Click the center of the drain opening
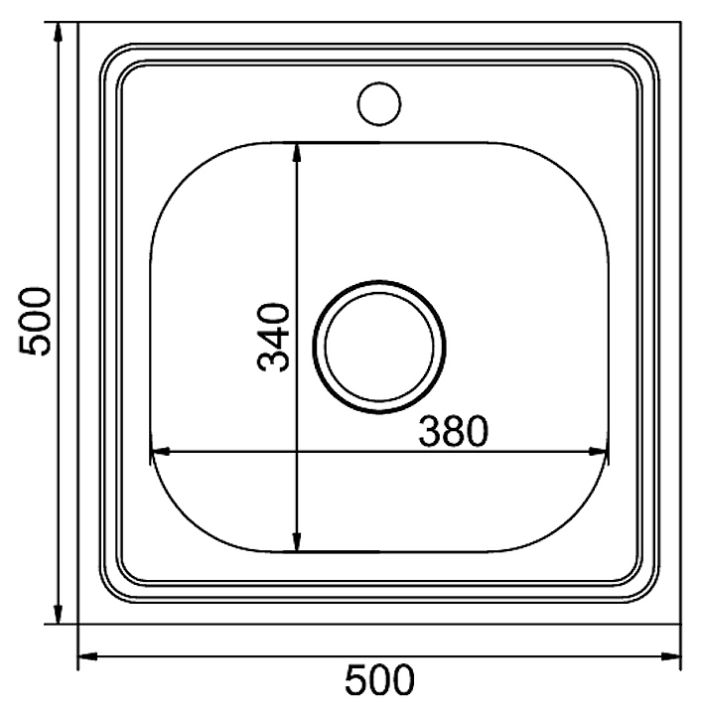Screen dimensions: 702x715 pyautogui.click(x=379, y=347)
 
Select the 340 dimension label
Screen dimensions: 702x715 pyautogui.click(x=273, y=338)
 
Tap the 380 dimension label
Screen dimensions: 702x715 pyautogui.click(x=453, y=431)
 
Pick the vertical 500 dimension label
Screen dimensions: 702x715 pyautogui.click(x=35, y=321)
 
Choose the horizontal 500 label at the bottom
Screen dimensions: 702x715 pyautogui.click(x=379, y=680)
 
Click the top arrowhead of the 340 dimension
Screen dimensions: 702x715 pyautogui.click(x=297, y=153)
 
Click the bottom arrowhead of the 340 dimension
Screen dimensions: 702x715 pyautogui.click(x=297, y=542)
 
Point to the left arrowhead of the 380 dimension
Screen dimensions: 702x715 pyautogui.click(x=161, y=452)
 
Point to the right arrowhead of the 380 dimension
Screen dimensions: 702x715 pyautogui.click(x=598, y=452)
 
